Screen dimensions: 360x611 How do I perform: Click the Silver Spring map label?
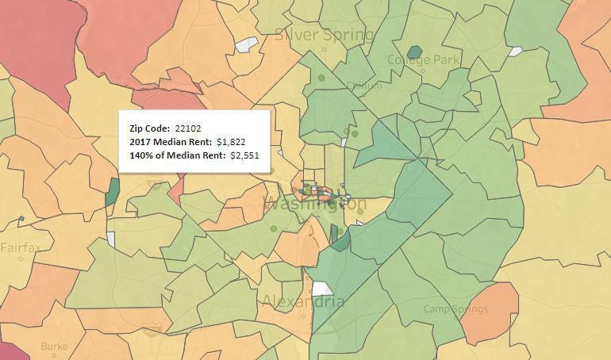pos(323,35)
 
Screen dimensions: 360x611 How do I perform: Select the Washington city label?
pos(315,203)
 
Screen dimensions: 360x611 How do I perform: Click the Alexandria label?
pos(303,302)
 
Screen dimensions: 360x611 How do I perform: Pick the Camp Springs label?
pos(453,308)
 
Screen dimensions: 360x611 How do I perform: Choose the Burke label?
pos(54,347)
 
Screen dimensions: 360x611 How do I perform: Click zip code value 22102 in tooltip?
pos(189,128)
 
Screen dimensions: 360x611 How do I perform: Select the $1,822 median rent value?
pos(236,141)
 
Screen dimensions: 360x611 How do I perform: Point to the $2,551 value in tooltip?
pos(244,155)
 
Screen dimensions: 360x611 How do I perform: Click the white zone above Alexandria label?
pos(323,289)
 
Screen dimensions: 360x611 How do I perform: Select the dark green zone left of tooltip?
pos(112,192)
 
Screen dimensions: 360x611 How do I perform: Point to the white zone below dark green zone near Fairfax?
pos(111,239)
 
